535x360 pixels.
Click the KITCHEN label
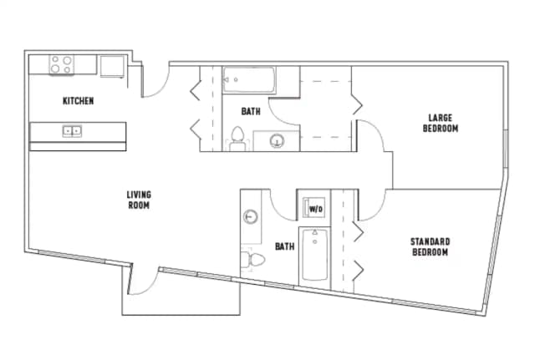[78, 101]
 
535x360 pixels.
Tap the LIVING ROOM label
[138, 200]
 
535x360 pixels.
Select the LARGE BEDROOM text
[440, 123]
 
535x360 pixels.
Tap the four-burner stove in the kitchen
[60, 64]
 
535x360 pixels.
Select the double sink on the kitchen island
[72, 130]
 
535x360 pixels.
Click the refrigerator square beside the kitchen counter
[113, 65]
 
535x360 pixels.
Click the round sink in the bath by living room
[251, 217]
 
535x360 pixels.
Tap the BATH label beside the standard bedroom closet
[285, 246]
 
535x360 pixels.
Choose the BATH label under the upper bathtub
[251, 111]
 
